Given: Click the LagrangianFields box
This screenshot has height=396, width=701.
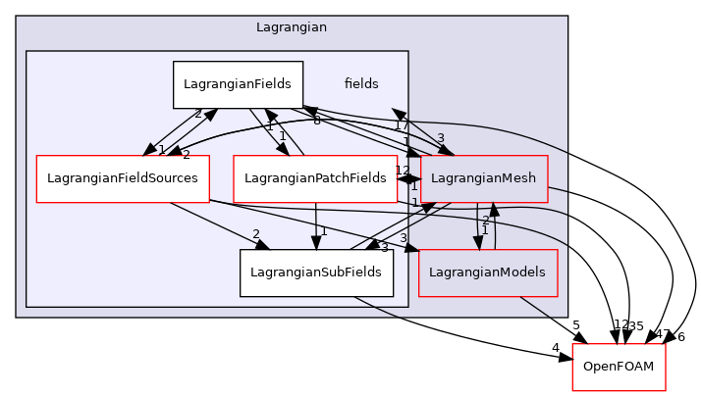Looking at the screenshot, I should point(238,84).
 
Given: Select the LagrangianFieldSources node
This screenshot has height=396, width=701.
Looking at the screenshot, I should point(123,178).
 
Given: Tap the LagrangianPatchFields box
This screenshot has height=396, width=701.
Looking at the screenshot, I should point(315,178).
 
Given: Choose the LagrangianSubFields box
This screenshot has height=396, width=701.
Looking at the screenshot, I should point(316,272).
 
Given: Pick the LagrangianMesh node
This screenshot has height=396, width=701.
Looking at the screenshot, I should point(484,178).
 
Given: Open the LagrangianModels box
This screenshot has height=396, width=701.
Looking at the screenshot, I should point(488,272).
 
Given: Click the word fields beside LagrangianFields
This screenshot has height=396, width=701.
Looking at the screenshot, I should point(361,84).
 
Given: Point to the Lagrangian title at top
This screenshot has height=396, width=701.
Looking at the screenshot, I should point(292,29).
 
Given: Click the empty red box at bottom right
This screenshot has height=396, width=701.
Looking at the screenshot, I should point(619,368).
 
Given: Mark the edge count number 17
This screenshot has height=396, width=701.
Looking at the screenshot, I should point(401,125).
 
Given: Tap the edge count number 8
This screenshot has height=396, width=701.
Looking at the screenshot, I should point(317,121).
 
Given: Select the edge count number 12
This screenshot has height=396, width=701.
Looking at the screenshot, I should point(403,171).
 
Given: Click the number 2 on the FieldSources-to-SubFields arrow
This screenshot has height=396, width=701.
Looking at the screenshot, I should point(255,235).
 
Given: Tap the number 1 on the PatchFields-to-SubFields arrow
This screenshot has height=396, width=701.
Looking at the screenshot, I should point(324,231).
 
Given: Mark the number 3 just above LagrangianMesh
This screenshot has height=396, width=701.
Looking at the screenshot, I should point(441,138).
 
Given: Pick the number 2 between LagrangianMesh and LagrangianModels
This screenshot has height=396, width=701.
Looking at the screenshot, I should point(485,221).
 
